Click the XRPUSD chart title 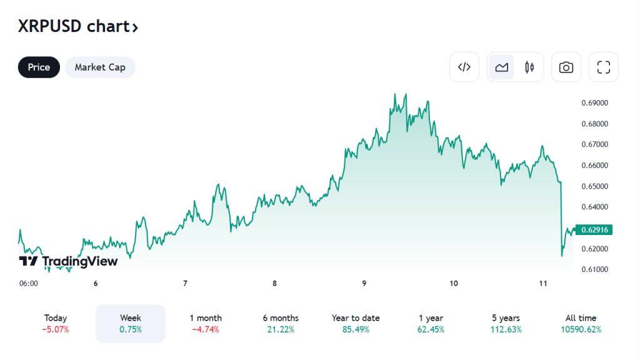coord(77,27)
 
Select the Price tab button coord(39,67)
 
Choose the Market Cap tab coord(100,67)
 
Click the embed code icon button coord(464,67)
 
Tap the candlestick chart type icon coord(529,67)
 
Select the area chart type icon coord(501,67)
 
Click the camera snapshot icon coord(566,67)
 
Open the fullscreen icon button coord(603,67)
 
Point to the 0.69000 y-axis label coord(595,102)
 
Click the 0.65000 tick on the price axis coord(595,186)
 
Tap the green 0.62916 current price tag coord(594,230)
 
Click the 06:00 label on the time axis coord(29,283)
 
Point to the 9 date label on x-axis coord(364,283)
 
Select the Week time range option coord(131,323)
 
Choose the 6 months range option coord(281,323)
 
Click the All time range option coord(581,323)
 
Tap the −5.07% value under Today coord(56,329)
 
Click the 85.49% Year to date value coord(356,329)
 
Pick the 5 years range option coord(506,323)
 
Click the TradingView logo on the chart coord(69,261)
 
